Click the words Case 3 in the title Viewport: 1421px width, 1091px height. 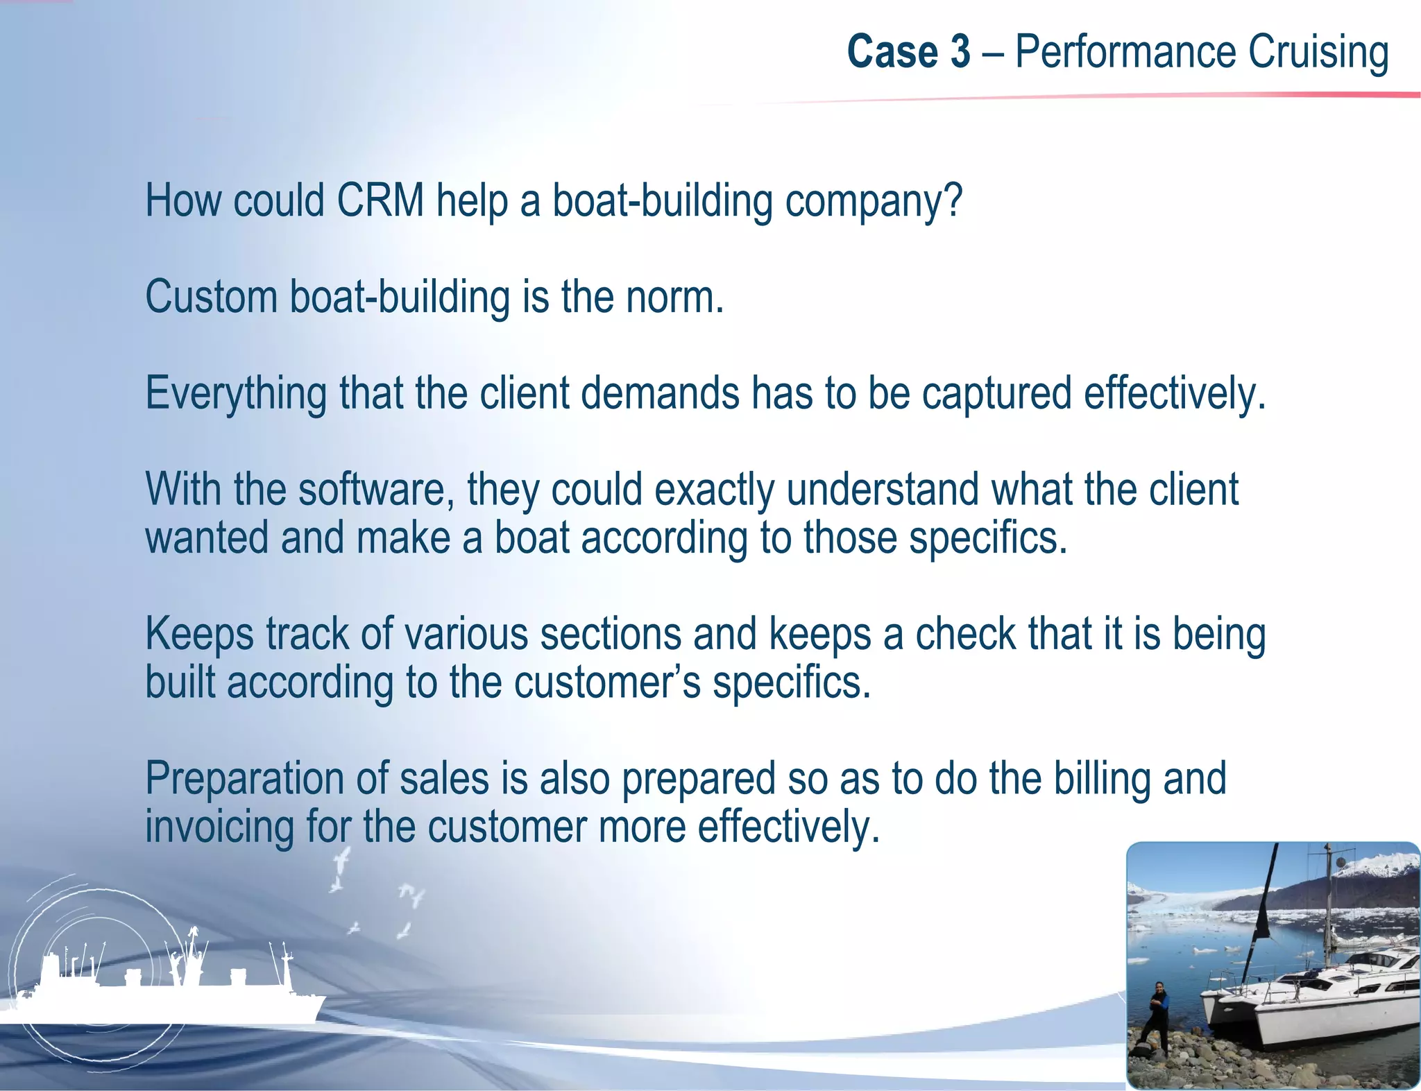[908, 53]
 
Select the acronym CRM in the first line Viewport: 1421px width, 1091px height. [380, 201]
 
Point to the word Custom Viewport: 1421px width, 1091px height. [212, 297]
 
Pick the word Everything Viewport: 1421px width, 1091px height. [235, 394]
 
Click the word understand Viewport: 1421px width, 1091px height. [883, 490]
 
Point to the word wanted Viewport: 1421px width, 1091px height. [206, 538]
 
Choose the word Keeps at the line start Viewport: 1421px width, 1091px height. [198, 635]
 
